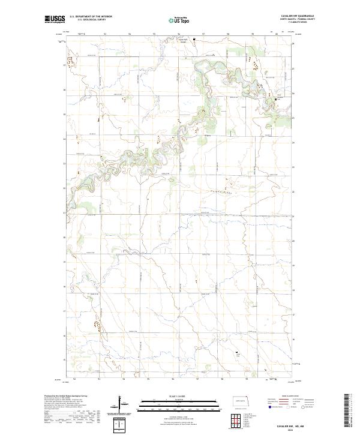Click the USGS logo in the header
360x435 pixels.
click(55, 19)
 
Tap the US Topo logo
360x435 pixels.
click(181, 20)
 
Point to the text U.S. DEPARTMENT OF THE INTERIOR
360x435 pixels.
click(91, 17)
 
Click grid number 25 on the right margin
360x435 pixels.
click(293, 118)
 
